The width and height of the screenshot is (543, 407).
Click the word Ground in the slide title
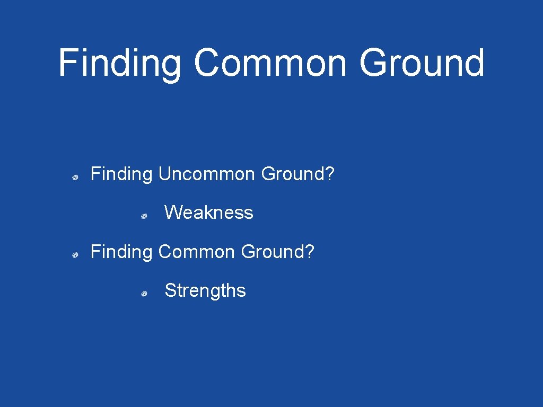[x=422, y=63]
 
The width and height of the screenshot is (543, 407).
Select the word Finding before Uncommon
[x=121, y=174]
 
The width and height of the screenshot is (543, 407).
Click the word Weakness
[x=208, y=213]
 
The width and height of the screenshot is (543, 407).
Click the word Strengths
[x=205, y=290]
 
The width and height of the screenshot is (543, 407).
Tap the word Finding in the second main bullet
[x=121, y=252]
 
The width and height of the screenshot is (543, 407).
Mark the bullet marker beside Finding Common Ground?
[x=76, y=255]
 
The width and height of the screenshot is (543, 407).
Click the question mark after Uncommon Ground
[x=330, y=174]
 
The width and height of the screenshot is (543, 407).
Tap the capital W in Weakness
[x=173, y=213]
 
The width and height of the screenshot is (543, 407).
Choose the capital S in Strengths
[x=170, y=290]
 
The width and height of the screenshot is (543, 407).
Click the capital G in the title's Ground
[x=374, y=63]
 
